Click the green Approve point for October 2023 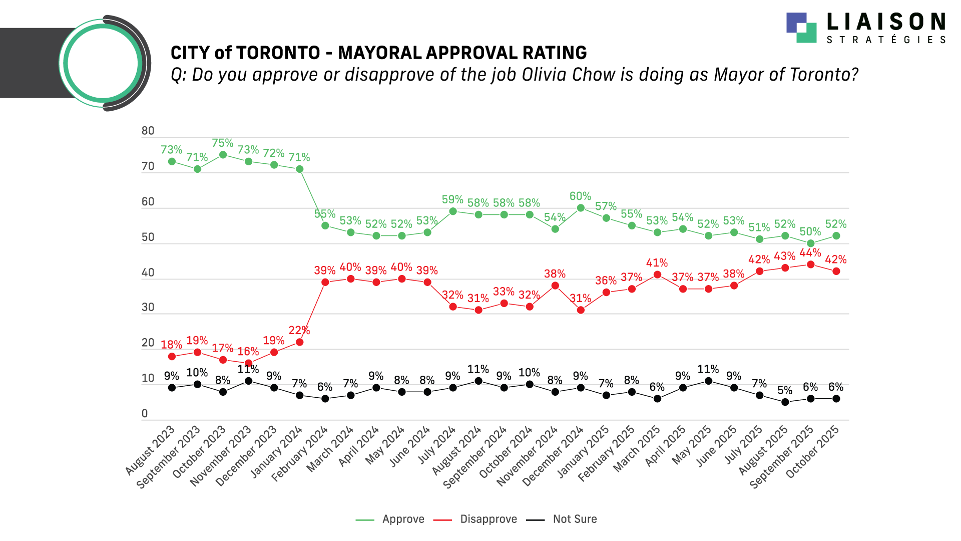pos(223,155)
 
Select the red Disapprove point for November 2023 pos(248,363)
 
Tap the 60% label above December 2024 pos(580,196)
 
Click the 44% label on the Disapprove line pos(810,253)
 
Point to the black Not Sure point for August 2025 pos(785,402)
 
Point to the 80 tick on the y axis pos(148,131)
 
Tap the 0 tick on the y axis pos(145,414)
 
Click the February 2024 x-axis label pos(300,454)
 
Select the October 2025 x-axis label pos(813,453)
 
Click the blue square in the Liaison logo pos(796,23)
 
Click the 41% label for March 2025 pos(657,263)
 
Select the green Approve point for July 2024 pos(453,211)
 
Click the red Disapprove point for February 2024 pos(325,282)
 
